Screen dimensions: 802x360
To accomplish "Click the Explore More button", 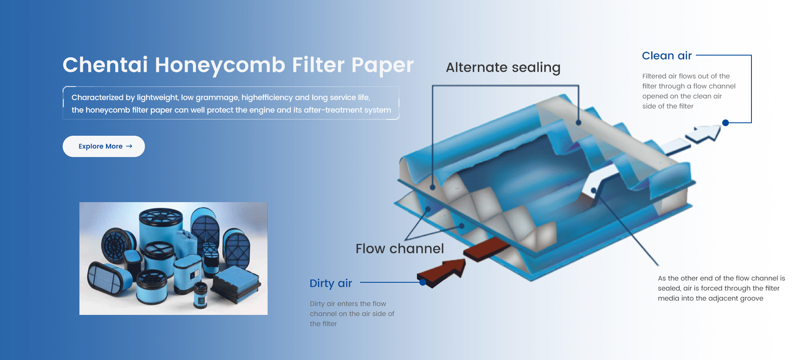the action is [104, 146].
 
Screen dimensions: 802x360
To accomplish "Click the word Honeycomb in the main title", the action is [220, 65].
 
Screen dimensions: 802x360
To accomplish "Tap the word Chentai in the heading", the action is [105, 65].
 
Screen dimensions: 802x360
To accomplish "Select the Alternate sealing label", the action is [503, 68].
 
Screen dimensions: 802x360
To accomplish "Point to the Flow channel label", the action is [400, 248].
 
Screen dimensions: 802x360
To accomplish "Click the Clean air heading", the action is [667, 56].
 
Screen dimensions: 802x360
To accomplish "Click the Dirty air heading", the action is [331, 283].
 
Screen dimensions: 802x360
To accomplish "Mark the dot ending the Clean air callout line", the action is [726, 123].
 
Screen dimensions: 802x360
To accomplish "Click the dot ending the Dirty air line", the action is [423, 282].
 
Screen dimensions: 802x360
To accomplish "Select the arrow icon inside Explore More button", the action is [129, 146].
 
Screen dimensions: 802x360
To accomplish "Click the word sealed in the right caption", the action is [669, 288].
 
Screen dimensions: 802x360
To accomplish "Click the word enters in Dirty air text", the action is [347, 304].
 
